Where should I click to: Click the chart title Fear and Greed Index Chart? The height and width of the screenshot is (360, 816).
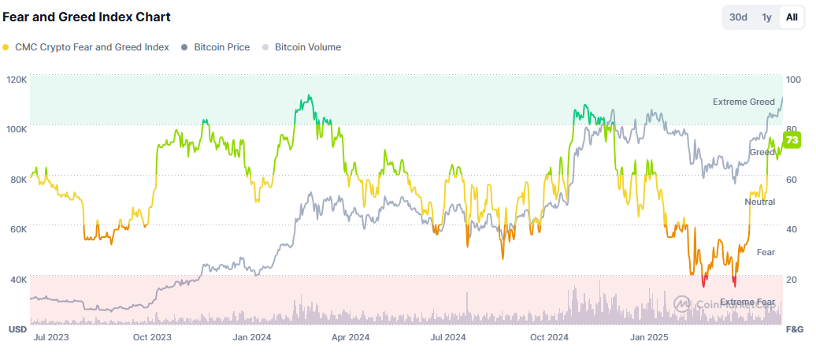tap(87, 17)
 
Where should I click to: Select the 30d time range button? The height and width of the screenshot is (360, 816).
tap(738, 17)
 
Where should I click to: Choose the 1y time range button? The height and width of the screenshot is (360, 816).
tap(766, 17)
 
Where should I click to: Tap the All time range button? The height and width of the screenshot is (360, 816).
tap(792, 17)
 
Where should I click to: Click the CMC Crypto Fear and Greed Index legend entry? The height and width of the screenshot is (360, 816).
tap(86, 47)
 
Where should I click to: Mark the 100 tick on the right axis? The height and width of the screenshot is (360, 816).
tap(793, 80)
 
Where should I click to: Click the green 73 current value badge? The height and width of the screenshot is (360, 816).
tap(792, 140)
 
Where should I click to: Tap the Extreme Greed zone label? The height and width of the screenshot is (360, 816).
tap(744, 102)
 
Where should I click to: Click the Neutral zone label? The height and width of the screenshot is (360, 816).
tap(760, 202)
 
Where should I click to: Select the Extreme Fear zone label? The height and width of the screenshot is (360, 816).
tap(747, 302)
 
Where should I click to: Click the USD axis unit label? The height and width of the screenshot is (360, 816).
tap(17, 328)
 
